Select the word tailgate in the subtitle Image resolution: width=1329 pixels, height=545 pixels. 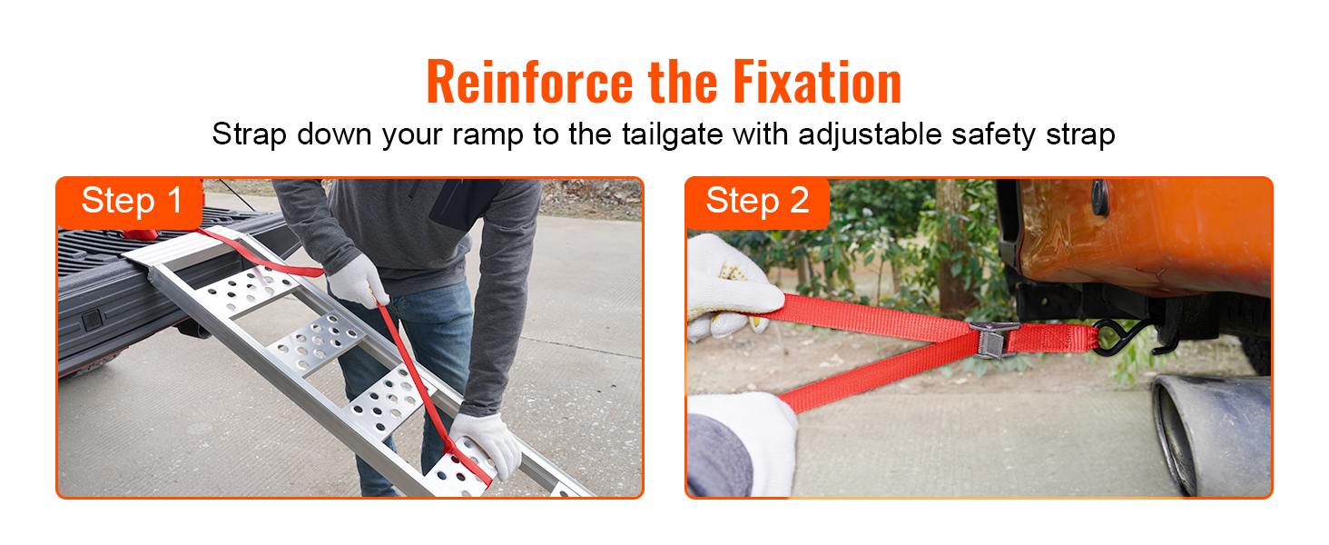click(673, 134)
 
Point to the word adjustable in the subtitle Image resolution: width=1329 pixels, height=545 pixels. click(870, 134)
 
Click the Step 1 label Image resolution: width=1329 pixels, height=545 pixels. click(132, 201)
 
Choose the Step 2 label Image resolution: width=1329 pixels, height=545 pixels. click(757, 201)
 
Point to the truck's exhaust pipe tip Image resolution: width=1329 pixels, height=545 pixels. click(1210, 433)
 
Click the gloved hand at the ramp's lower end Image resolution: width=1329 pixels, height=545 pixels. click(487, 444)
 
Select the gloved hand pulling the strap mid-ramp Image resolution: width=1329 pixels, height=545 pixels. click(357, 281)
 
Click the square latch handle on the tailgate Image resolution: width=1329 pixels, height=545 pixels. click(92, 320)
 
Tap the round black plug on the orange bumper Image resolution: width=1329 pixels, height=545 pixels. click(1099, 196)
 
